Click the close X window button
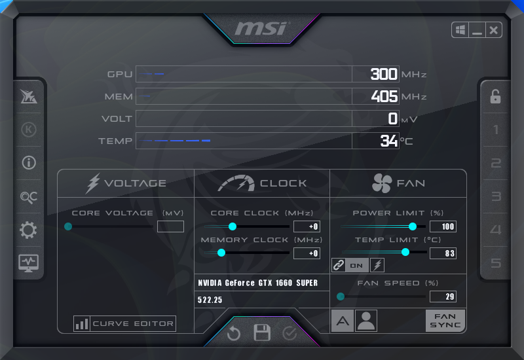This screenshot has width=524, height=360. coord(494,30)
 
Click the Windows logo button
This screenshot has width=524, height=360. coord(460,30)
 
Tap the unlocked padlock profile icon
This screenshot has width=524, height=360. coord(495,96)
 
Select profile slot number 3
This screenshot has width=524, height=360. coord(496,196)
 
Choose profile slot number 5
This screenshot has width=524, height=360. coord(496,263)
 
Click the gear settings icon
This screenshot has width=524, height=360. coord(28,230)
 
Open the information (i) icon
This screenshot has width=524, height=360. coord(29,162)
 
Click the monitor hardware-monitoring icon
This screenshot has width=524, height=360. coord(28,263)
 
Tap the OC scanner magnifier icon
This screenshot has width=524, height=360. coord(29,197)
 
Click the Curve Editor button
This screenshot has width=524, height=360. coord(124,323)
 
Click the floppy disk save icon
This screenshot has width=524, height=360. coord(262,333)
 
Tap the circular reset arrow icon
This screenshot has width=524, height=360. coord(234,333)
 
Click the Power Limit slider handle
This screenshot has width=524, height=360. coord(413,226)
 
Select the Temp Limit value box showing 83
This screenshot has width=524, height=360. coord(443,253)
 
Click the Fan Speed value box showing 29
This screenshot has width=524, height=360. coord(443,297)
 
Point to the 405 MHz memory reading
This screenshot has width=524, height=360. coord(384,96)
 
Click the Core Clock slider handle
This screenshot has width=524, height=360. coord(233,226)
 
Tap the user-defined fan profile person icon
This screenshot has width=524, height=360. coord(366,321)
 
